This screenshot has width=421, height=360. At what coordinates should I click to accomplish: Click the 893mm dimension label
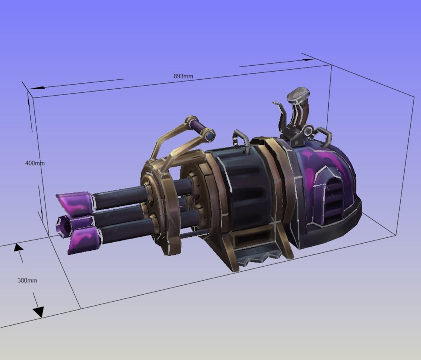tap(184, 76)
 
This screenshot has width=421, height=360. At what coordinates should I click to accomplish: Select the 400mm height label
tap(35, 163)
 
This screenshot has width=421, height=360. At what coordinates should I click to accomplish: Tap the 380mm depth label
tap(27, 280)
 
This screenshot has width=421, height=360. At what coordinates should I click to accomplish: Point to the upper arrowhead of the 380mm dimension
tap(18, 247)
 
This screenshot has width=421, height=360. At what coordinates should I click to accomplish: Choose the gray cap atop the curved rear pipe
tap(298, 94)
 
